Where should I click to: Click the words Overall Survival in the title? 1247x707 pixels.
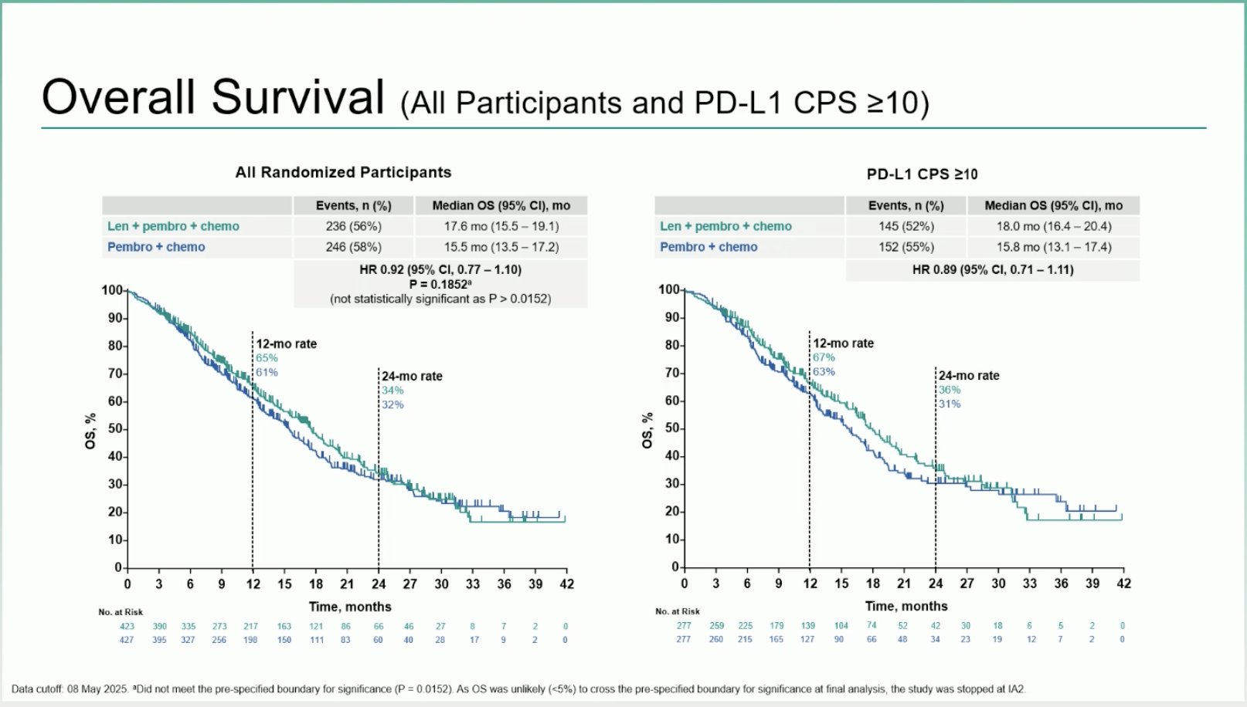pos(212,97)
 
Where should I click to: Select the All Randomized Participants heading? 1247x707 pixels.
pos(343,172)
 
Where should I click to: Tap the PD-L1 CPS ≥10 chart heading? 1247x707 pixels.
pos(922,174)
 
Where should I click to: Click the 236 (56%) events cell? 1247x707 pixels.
pos(353,226)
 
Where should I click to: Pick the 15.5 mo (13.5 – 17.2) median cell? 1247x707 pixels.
pos(501,247)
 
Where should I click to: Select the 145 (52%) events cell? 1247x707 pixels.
pos(906,226)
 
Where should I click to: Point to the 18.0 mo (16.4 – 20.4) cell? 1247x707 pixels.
pos(1053,226)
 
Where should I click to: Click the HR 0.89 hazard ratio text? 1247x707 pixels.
pos(992,269)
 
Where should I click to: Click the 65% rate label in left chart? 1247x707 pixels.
pos(267,358)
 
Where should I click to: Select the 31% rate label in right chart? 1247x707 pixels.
pos(950,404)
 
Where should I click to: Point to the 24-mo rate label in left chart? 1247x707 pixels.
pos(412,376)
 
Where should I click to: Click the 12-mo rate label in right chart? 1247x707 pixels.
pos(843,343)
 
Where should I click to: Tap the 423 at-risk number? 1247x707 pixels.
pos(127,627)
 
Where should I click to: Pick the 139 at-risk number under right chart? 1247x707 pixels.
pos(807,626)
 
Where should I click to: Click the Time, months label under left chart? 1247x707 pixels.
pos(350,607)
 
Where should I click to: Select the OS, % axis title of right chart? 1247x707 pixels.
pos(647,430)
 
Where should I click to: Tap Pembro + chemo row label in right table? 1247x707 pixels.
pos(708,247)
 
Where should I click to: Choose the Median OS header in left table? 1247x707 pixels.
pos(501,205)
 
